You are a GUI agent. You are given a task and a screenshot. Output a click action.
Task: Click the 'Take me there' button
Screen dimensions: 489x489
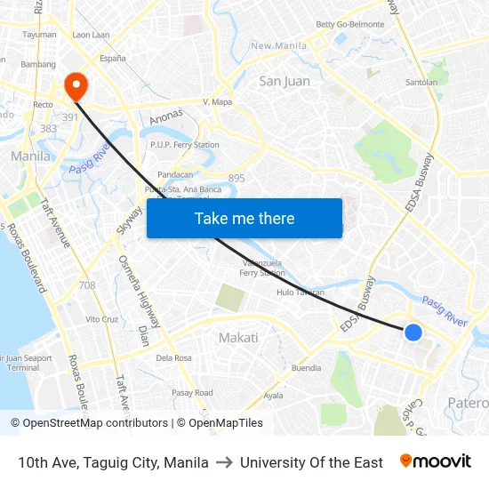244,218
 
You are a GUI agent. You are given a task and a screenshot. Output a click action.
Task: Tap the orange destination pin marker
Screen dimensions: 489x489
76,86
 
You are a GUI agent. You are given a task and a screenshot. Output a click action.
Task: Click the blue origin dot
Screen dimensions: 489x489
413,332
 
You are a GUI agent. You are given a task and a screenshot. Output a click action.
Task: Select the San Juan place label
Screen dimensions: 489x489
285,81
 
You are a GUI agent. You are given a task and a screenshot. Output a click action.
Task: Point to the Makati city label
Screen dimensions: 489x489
238,338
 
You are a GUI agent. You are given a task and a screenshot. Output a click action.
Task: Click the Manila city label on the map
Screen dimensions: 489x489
30,156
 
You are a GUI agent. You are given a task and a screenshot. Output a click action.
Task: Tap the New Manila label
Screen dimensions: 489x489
278,46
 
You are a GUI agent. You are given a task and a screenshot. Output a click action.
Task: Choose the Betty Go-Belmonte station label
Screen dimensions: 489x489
350,24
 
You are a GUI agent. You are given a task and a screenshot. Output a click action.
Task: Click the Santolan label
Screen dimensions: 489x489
421,82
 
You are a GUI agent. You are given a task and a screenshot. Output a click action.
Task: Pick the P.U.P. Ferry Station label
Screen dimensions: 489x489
185,145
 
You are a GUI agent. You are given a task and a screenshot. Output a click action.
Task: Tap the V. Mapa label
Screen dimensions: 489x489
217,102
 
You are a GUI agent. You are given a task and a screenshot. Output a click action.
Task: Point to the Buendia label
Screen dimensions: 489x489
307,367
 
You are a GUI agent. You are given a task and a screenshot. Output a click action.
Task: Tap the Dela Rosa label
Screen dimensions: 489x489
173,358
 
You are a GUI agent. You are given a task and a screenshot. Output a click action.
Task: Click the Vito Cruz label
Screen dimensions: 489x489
101,318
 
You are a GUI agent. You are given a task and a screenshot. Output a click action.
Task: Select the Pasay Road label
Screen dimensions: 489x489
192,392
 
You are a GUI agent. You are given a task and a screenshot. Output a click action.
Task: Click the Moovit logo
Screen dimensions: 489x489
436,461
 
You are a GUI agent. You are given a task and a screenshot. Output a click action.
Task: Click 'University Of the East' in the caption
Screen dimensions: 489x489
311,462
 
